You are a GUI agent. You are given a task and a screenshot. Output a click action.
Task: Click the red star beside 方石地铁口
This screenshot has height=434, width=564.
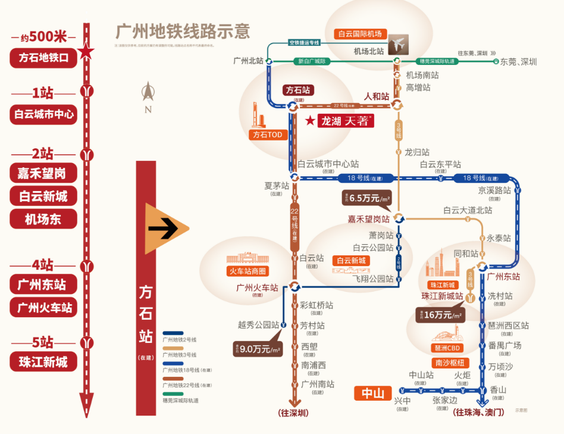pyautogui.click(x=86, y=52)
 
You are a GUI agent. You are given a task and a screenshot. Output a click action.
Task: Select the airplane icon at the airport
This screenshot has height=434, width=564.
pyautogui.click(x=399, y=45)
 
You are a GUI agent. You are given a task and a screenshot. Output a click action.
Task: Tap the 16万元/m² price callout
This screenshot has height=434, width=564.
pyautogui.click(x=440, y=315)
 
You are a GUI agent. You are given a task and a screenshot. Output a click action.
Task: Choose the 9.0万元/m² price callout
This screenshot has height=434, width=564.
pyautogui.click(x=257, y=349)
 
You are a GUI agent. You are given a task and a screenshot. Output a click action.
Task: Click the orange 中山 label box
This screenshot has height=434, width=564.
pyautogui.click(x=373, y=394)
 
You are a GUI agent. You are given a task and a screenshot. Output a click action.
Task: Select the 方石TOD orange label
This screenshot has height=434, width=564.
pyautogui.click(x=267, y=135)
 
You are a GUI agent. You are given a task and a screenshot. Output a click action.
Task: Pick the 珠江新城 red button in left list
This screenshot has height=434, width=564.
pyautogui.click(x=43, y=361)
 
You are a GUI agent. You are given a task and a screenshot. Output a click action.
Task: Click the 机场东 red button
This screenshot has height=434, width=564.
pyautogui.click(x=43, y=218)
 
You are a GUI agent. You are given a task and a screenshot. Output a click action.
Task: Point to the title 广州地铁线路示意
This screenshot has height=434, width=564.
pyautogui.click(x=182, y=31)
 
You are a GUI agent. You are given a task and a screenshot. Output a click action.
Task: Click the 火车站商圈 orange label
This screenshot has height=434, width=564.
pyautogui.click(x=248, y=271)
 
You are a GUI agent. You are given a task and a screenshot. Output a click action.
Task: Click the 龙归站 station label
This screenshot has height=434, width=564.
pyautogui.click(x=417, y=152)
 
